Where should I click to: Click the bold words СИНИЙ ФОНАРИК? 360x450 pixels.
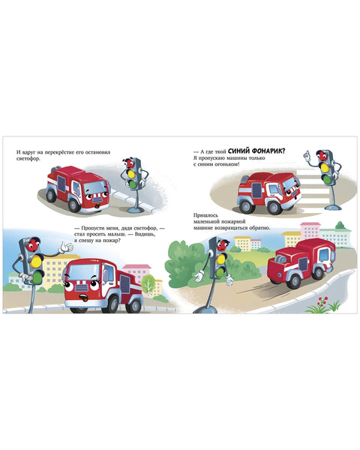coord(258,151)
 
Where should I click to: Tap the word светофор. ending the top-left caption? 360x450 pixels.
coord(28,159)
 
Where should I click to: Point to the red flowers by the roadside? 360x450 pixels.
coord(322,301)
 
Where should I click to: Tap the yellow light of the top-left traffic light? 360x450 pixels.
coord(132,174)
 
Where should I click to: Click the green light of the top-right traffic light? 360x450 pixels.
coord(327,179)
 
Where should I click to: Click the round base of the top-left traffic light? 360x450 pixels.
coord(136,209)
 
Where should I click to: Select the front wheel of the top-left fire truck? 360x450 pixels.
coord(74,205)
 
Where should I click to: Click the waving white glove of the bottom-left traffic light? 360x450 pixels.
coord(66,247)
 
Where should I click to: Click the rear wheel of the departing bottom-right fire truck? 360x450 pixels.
coord(319,273)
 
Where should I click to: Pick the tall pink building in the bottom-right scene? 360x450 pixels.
coord(310,232)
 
